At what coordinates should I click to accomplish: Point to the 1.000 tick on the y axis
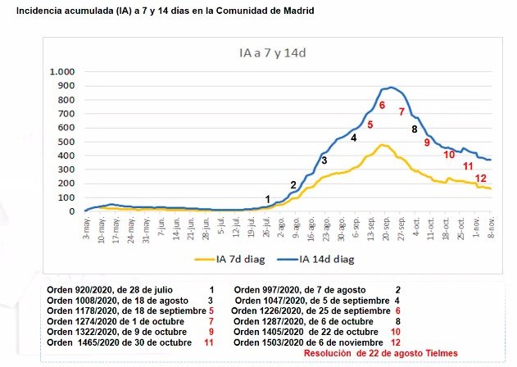point(62,72)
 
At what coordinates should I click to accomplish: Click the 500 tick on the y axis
point(68,142)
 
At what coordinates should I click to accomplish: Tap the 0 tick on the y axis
point(73,211)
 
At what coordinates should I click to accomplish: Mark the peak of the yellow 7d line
point(382,145)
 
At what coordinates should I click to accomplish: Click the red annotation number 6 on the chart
point(382,105)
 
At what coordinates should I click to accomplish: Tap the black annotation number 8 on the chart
point(415,129)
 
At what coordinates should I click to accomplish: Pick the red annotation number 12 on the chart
point(482,179)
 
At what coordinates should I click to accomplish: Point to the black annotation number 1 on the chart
point(268,199)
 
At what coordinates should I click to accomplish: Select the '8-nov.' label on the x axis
point(490,228)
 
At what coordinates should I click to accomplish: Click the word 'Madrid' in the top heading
point(293,10)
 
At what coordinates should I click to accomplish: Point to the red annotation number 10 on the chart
point(449,155)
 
